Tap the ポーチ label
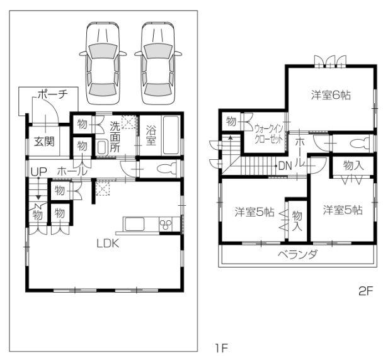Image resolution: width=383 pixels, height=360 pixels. click(52, 95)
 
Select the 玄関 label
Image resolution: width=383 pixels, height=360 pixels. click(44, 140)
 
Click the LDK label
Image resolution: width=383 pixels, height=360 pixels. click(108, 243)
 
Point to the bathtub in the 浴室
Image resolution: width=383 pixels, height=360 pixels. click(171, 136)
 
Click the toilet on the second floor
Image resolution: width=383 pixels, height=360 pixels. click(357, 142)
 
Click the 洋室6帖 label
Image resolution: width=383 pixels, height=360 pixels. click(331, 96)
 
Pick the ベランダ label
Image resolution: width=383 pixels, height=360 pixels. click(298, 254)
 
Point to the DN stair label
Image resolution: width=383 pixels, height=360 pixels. click(285, 167)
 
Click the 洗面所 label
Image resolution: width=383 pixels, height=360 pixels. click(116, 136)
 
